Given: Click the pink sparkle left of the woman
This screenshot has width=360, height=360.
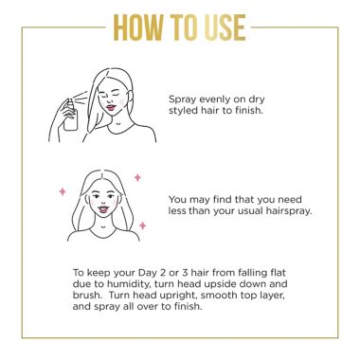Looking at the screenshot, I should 63,191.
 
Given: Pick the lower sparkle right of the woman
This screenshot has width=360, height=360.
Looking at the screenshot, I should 142,225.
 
